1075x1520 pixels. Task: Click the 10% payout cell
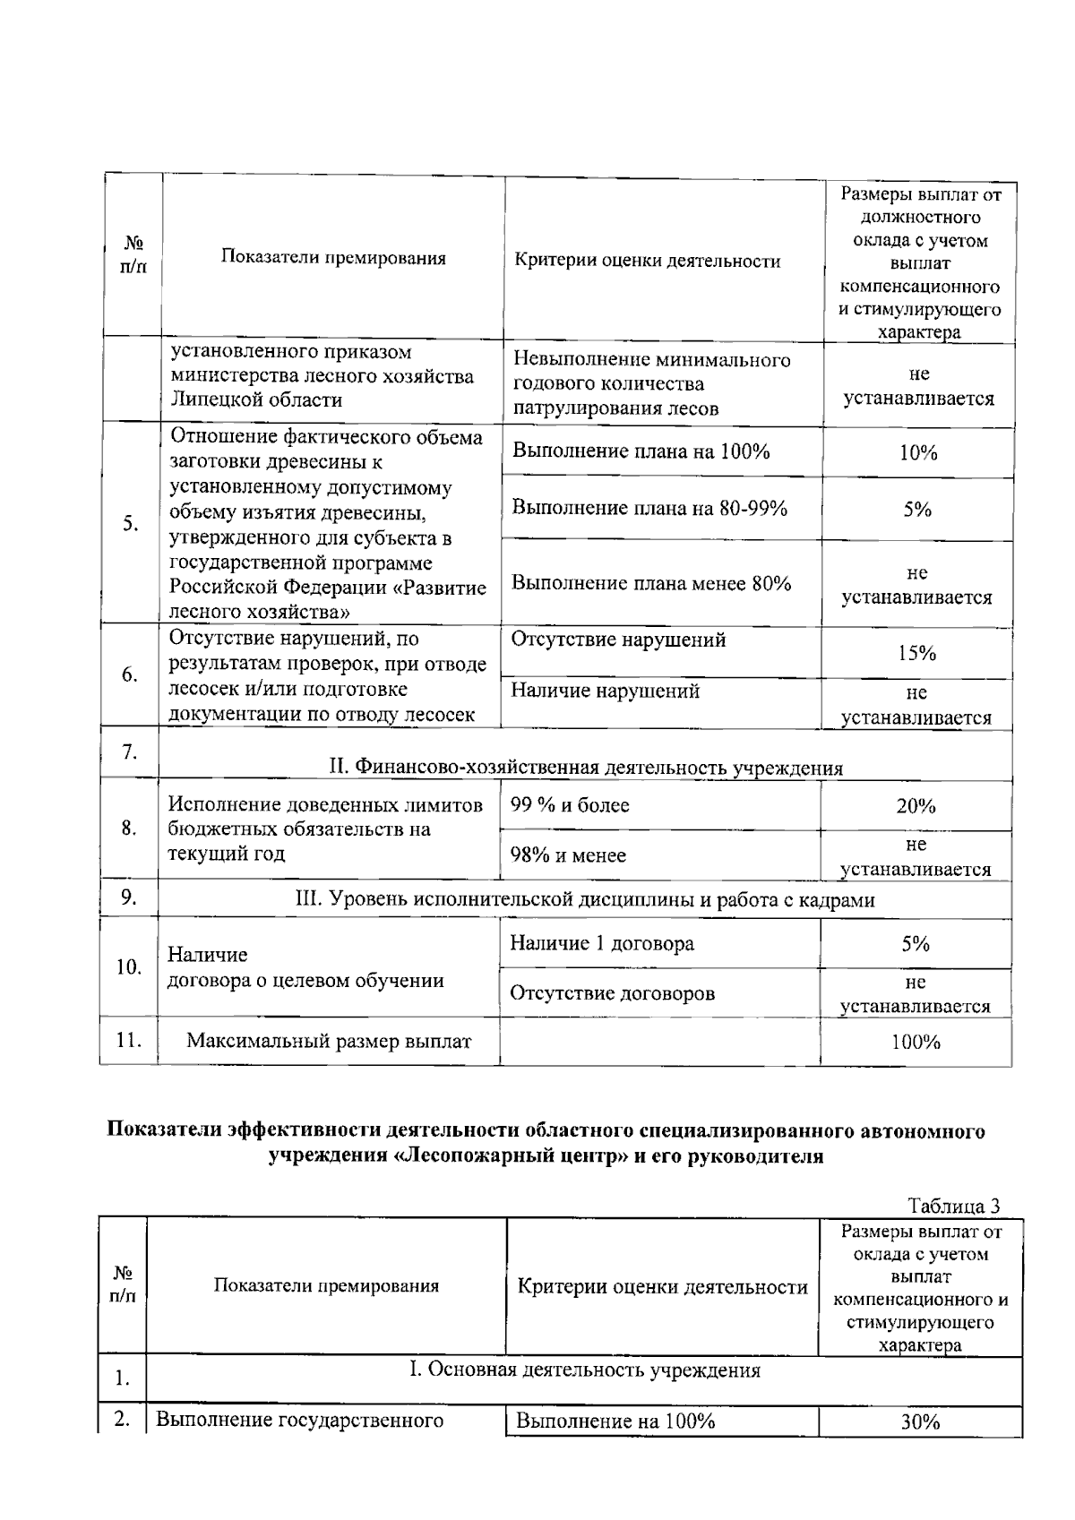pyautogui.click(x=917, y=452)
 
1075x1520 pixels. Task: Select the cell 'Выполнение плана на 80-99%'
pyautogui.click(x=649, y=508)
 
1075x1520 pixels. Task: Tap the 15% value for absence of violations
pyautogui.click(x=916, y=653)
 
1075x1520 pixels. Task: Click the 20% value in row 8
pyautogui.click(x=916, y=805)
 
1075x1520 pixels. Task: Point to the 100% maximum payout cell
pyautogui.click(x=916, y=1042)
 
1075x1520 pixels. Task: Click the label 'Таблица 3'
pyautogui.click(x=953, y=1206)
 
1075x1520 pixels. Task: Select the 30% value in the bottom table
pyautogui.click(x=919, y=1422)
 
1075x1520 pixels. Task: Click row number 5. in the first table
pyautogui.click(x=131, y=523)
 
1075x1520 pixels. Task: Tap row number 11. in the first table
pyautogui.click(x=129, y=1040)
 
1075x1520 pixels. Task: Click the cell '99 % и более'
pyautogui.click(x=570, y=805)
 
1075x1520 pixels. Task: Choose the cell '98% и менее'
pyautogui.click(x=568, y=855)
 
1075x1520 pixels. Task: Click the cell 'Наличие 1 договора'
pyautogui.click(x=602, y=943)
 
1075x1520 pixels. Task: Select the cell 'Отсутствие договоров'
pyautogui.click(x=613, y=992)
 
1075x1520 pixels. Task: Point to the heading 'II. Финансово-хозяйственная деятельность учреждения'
pyautogui.click(x=586, y=768)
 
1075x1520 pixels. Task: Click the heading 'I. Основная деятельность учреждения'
pyautogui.click(x=584, y=1370)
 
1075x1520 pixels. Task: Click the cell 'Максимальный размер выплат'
pyautogui.click(x=329, y=1041)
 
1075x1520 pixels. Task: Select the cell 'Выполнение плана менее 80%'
pyautogui.click(x=651, y=583)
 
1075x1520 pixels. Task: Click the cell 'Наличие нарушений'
pyautogui.click(x=605, y=691)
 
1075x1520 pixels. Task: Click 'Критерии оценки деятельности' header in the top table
pyautogui.click(x=648, y=261)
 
